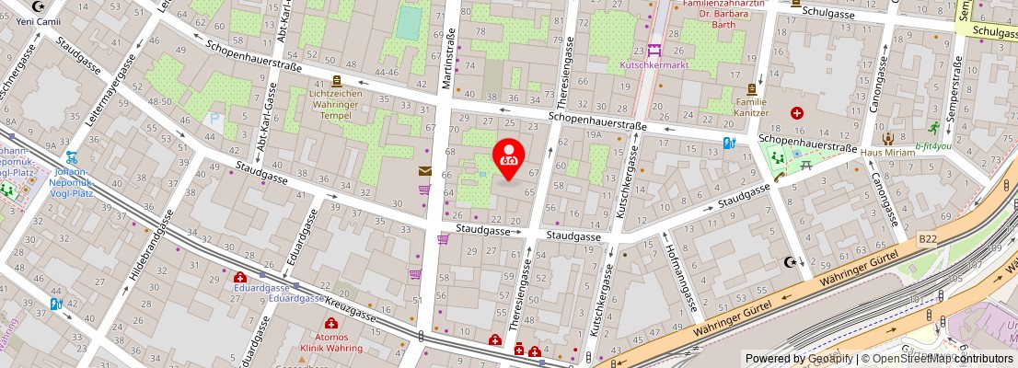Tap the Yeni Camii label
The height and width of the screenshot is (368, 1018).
(x=37, y=20)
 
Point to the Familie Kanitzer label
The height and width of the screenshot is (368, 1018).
(x=751, y=106)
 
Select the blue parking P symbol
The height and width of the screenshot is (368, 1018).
(x=215, y=119)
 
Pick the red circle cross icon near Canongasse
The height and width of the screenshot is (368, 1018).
(x=797, y=113)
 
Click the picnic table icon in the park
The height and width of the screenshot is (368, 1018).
(x=806, y=165)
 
